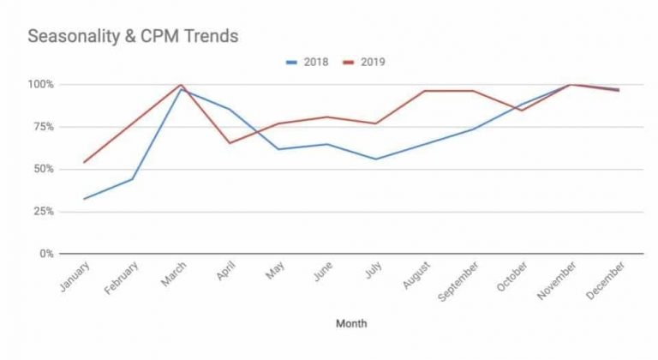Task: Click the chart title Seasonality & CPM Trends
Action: click(x=133, y=36)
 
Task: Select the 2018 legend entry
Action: click(x=307, y=62)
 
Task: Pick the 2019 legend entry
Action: click(x=365, y=62)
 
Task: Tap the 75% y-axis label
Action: click(x=42, y=127)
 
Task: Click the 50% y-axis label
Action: click(x=42, y=169)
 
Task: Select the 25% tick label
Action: click(x=42, y=211)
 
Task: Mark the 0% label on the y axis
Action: click(x=45, y=254)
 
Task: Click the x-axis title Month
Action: click(x=352, y=324)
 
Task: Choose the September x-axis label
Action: click(x=458, y=284)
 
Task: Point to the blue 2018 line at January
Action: click(x=84, y=199)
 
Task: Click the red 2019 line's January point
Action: click(x=84, y=162)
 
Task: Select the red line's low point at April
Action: click(x=230, y=143)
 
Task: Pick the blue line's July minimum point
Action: click(x=375, y=159)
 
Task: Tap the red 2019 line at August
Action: click(x=424, y=91)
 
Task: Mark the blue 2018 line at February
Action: click(x=133, y=178)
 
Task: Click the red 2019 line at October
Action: click(x=521, y=111)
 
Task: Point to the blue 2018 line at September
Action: click(x=473, y=129)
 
